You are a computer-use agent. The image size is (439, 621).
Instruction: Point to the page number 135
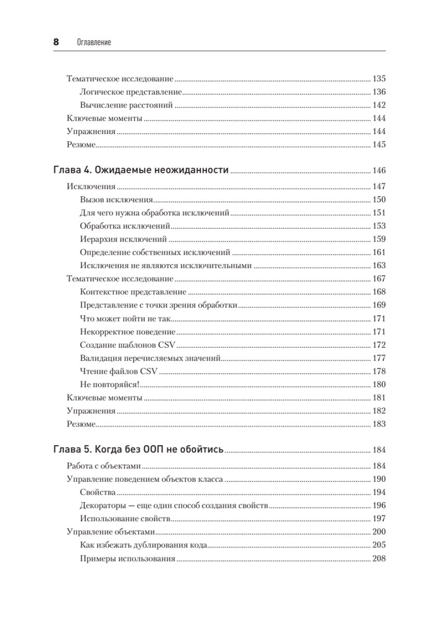click(379, 79)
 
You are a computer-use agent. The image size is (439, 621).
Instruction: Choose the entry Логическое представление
click(131, 92)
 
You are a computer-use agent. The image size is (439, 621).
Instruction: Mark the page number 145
click(379, 144)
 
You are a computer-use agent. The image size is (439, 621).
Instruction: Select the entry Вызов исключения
click(116, 200)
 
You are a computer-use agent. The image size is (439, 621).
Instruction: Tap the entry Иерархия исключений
click(124, 239)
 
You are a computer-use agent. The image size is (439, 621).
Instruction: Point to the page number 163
click(379, 265)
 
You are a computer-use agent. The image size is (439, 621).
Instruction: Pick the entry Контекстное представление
click(133, 292)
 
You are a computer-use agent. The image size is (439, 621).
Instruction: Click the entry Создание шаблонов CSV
click(129, 345)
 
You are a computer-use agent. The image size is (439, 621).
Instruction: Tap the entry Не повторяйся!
click(111, 385)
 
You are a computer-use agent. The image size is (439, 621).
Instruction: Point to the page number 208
click(379, 558)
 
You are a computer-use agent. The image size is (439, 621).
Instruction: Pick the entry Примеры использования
click(128, 558)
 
